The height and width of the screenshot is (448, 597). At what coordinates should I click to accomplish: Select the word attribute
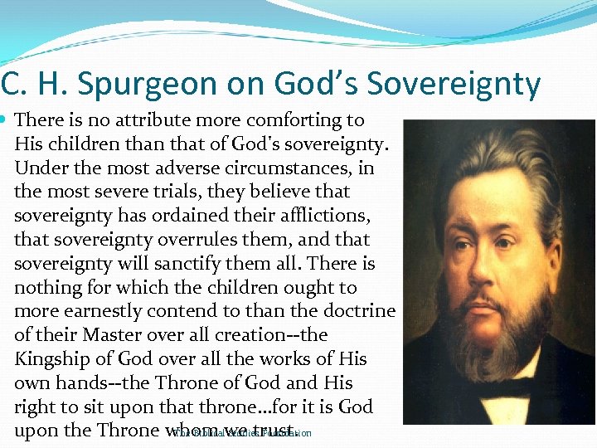click(x=167, y=120)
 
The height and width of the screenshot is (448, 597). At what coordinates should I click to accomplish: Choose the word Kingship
click(x=53, y=360)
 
